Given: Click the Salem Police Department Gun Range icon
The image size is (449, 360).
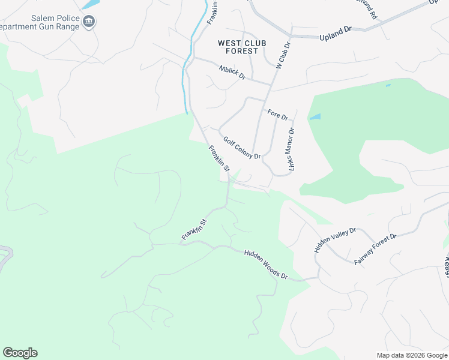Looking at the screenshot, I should click(x=89, y=22).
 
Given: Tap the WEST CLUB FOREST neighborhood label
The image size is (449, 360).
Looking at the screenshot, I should click(x=238, y=47).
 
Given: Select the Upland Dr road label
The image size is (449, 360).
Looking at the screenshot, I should click(x=336, y=32).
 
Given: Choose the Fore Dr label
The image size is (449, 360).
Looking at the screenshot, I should click(x=278, y=114).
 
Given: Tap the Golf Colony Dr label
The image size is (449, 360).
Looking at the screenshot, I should click(x=242, y=148).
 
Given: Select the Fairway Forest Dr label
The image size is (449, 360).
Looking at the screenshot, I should click(x=375, y=249).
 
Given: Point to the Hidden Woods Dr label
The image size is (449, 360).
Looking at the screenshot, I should click(x=266, y=265).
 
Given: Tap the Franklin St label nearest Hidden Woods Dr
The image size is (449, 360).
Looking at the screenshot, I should click(x=194, y=230).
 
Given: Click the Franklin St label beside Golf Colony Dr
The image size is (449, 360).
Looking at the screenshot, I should click(x=219, y=158).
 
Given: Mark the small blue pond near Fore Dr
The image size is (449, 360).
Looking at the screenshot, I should click(x=315, y=117).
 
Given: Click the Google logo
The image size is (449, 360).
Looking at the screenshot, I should click(x=20, y=353).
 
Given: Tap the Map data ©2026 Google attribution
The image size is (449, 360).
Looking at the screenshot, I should click(x=412, y=355).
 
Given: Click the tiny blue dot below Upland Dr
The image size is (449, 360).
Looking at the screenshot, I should click(x=388, y=85).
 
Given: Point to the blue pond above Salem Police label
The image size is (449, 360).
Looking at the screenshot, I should click(x=90, y=4).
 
